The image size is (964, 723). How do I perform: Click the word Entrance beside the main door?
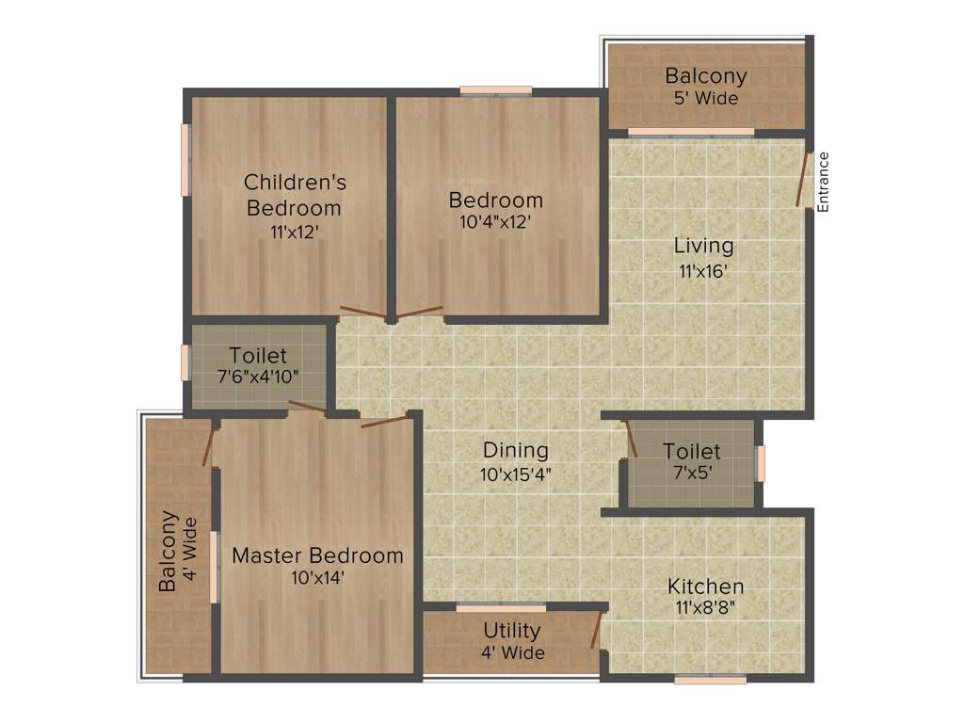coord(824,182)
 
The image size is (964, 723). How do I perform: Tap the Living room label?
coord(703,247)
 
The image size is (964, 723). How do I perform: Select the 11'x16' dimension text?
coord(703,271)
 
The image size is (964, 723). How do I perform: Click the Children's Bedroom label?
coord(293,194)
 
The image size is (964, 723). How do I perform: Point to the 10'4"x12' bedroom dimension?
coord(495,223)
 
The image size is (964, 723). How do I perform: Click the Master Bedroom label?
coord(317,555)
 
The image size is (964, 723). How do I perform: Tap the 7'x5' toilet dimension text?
coord(691,474)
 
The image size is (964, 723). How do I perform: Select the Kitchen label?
coord(706,586)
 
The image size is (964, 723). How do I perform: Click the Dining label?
coord(515,450)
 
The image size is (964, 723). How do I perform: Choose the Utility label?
coord(512,630)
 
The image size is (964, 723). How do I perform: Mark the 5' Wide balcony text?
coord(705,98)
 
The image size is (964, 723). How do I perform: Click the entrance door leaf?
coord(802,182)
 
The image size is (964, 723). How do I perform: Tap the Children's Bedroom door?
coord(362,313)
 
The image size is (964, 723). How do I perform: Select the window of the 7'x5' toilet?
coord(761,463)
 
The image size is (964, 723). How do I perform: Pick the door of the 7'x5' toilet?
coord(630,440)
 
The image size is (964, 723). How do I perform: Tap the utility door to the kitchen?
coord(596,630)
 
